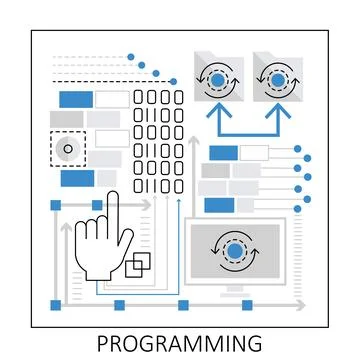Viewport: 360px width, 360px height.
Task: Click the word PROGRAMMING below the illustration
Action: tap(179, 343)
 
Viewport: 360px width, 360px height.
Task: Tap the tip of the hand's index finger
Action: tap(113, 196)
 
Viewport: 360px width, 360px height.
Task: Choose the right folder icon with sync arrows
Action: tap(274, 79)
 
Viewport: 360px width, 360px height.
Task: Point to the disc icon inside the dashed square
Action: tap(67, 150)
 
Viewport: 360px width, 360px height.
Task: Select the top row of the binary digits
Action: tap(159, 97)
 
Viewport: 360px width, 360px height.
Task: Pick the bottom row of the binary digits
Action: tap(159, 186)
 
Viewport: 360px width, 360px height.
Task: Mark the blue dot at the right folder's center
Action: tap(274, 79)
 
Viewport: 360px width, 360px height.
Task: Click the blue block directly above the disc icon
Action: tap(75, 99)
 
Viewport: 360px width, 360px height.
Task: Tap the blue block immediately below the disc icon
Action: tap(76, 178)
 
